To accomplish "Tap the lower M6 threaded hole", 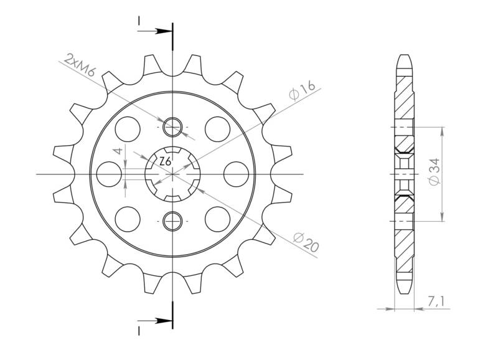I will (172, 219).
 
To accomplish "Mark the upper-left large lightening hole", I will (128, 128).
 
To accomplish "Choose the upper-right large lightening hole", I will (217, 128).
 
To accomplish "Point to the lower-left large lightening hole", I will (128, 219).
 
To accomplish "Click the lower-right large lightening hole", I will (217, 219).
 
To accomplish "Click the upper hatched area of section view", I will (403, 100).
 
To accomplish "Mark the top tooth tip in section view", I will (403, 59).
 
